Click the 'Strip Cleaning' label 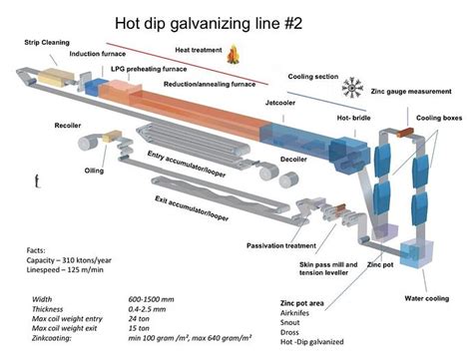[x=47, y=43]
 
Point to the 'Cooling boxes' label [x=437, y=118]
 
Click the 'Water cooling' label [x=422, y=296]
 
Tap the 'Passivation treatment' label [x=283, y=245]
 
